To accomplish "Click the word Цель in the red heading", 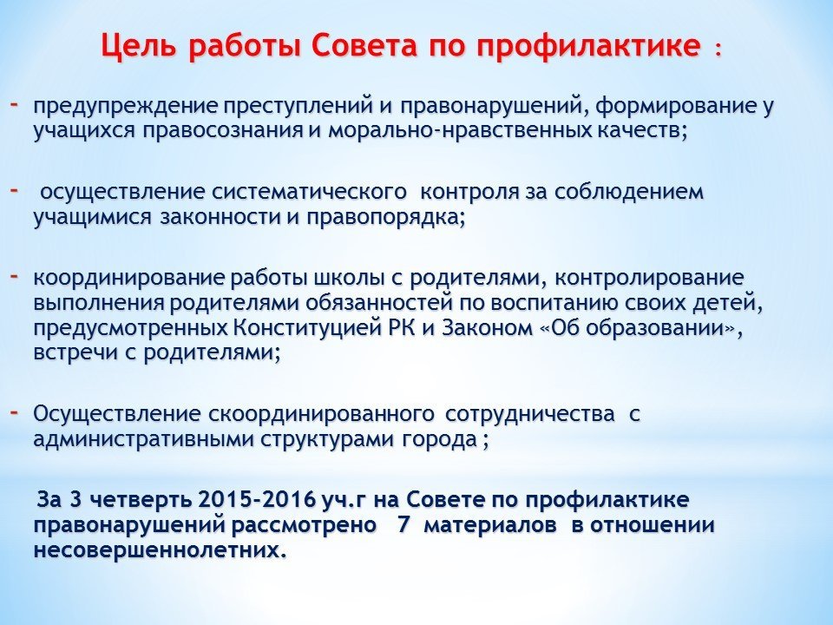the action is click(139, 46).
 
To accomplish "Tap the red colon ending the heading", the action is click(718, 49).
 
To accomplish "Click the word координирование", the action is click(129, 278).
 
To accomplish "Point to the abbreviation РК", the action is click(398, 328).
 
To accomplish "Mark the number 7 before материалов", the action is click(403, 525).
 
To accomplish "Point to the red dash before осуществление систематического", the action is click(15, 188).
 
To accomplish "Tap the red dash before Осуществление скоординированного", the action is click(15, 411).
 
